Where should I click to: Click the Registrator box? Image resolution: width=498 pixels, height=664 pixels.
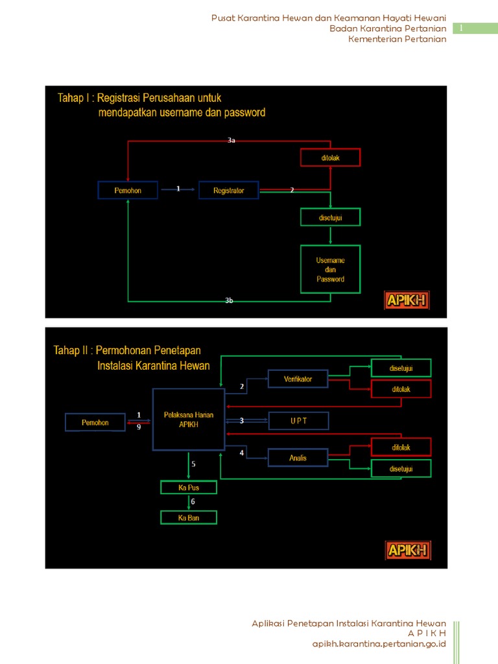tap(228, 190)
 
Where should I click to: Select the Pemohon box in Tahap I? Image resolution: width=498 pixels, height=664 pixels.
tap(128, 190)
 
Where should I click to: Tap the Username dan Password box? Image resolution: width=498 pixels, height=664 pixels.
tap(330, 269)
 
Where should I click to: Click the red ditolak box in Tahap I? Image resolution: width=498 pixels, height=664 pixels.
tap(330, 157)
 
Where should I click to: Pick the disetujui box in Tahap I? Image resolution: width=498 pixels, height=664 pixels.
tap(330, 217)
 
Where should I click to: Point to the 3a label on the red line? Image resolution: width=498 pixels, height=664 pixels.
tap(231, 141)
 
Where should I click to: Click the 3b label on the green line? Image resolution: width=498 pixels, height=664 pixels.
tap(229, 301)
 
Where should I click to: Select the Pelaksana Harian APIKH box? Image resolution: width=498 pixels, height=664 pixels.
tap(188, 419)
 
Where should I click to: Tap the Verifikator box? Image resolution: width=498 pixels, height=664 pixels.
tap(298, 379)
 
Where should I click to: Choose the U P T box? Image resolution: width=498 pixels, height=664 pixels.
tap(298, 421)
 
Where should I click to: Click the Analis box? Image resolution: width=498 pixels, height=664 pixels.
tap(298, 458)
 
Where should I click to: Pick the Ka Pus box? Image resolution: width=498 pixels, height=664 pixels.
tap(189, 487)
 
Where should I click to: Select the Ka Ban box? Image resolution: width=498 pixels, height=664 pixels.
tap(189, 517)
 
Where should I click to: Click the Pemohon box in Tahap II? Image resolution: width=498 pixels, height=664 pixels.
tap(95, 423)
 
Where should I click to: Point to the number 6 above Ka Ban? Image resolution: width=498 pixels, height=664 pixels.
tap(193, 502)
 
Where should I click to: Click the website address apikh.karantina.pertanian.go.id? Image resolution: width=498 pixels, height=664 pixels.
tap(379, 644)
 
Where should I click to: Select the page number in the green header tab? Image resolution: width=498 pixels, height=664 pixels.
tap(462, 29)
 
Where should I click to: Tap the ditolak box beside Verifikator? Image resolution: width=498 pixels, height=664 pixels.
tap(401, 389)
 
